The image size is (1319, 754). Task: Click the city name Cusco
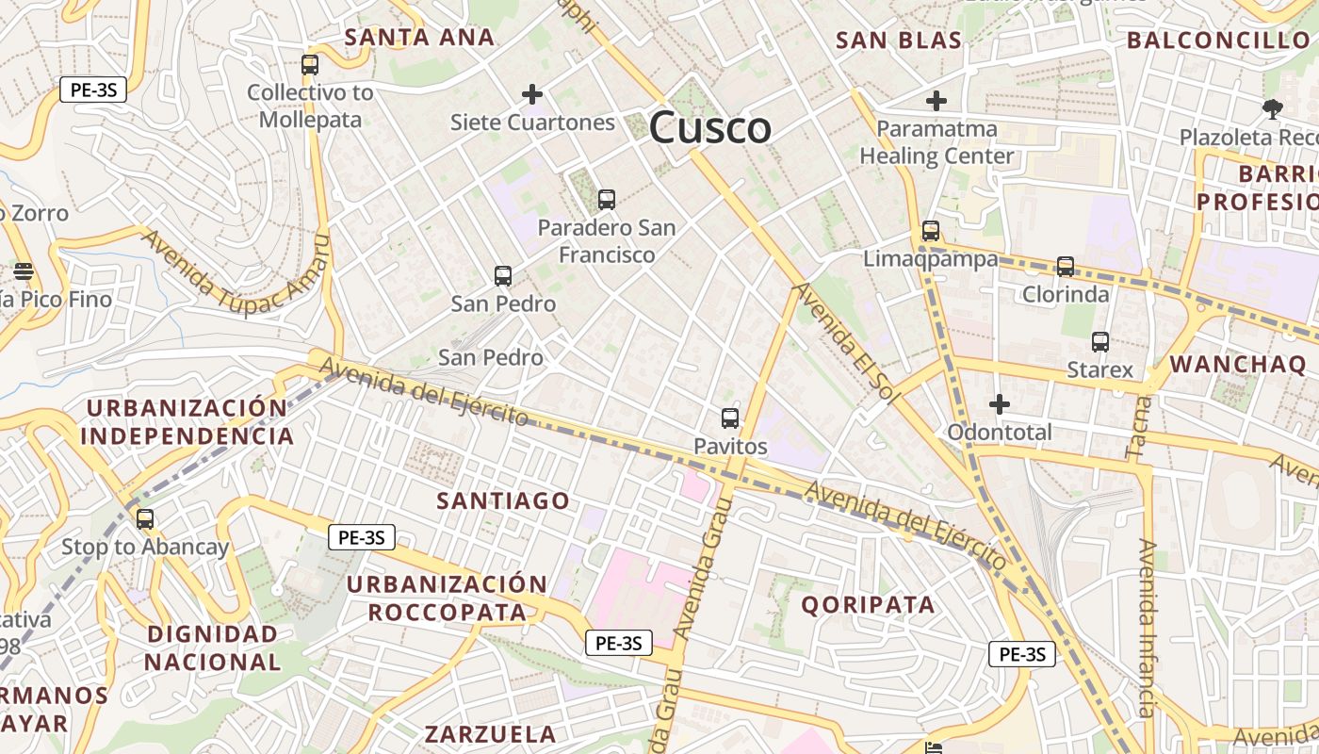710,127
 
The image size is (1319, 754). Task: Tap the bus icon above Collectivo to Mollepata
309,65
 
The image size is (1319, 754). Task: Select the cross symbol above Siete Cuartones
532,93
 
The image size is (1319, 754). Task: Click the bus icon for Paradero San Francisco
607,200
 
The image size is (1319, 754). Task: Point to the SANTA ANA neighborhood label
419,38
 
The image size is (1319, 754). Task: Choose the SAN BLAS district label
899,40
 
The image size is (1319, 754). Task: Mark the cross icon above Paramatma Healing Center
936,100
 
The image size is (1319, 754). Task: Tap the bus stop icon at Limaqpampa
931,231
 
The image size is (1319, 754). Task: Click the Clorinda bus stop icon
1066,267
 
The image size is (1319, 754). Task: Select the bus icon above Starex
1100,342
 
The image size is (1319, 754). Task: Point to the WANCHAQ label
1238,365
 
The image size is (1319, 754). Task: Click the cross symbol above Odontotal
1000,404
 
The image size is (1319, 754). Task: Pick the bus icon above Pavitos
729,418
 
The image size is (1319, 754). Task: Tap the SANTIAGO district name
503,500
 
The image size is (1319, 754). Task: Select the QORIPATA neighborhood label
868,605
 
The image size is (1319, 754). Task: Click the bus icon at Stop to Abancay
144,519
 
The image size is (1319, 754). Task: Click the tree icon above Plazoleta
1273,109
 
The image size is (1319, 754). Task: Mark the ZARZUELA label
490,734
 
